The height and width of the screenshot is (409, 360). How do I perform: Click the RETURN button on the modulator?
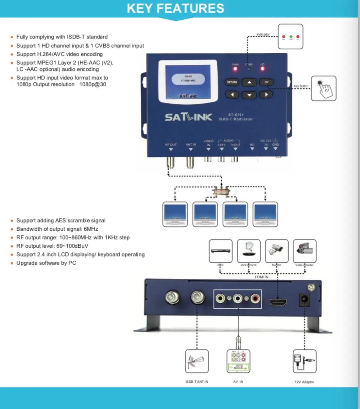click(232, 82)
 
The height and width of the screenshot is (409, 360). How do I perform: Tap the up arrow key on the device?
click(249, 82)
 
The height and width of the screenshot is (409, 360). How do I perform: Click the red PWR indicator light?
click(235, 69)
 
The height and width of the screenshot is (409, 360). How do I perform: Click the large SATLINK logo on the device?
click(189, 117)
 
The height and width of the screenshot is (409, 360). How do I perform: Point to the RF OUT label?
click(171, 145)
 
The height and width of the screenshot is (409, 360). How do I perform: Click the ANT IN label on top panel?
click(191, 145)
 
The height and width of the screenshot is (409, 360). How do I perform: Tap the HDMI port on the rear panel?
click(278, 302)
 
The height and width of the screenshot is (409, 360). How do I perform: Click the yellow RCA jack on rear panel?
click(221, 299)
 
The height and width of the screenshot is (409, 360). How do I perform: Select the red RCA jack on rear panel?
click(255, 299)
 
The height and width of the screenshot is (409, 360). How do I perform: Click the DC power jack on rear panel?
click(303, 300)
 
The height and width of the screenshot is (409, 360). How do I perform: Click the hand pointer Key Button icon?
click(323, 88)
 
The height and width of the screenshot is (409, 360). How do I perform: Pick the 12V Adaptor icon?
click(304, 361)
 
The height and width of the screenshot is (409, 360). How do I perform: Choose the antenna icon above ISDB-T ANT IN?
click(197, 361)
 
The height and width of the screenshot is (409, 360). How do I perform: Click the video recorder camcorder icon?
click(304, 251)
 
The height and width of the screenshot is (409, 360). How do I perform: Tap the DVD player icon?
click(221, 251)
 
